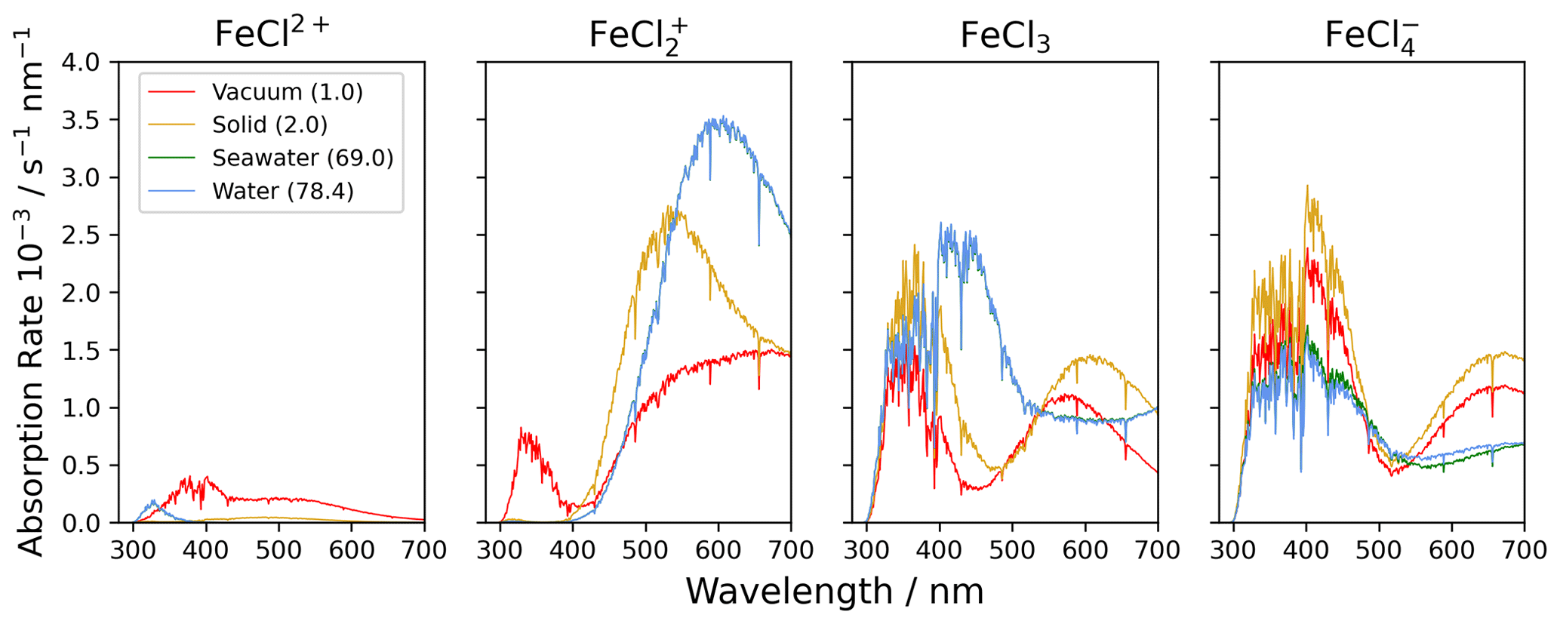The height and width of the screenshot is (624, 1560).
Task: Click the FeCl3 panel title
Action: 1005,36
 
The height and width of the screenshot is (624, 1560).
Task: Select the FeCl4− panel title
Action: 1371,36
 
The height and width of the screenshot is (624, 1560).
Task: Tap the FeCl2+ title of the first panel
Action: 272,34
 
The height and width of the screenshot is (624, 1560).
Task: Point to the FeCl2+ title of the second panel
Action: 638,36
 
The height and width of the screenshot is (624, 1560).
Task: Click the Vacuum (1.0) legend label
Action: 288,92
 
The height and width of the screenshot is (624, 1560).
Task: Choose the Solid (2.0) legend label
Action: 270,124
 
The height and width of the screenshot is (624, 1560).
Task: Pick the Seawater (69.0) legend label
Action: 303,158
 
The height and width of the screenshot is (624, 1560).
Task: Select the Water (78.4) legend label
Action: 283,191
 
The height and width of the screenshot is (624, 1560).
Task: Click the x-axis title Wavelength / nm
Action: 834,592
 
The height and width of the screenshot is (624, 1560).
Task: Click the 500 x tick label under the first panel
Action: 278,549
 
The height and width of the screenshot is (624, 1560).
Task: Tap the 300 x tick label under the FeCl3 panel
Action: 866,549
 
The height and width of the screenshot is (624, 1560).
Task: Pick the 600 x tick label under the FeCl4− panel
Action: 1451,549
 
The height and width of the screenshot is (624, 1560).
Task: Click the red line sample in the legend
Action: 171,92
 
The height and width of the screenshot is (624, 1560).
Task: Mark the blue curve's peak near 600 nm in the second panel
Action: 722,117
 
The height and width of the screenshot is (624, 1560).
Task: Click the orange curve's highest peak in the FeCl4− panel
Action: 1306,186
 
